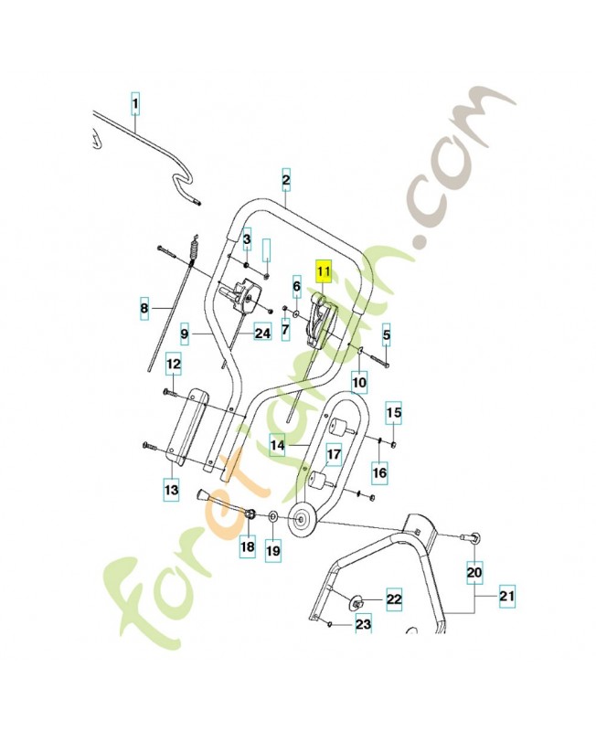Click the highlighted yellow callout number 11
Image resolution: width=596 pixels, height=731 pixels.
324,270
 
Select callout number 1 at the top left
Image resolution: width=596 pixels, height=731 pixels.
134,103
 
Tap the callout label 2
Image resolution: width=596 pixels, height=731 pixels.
286,180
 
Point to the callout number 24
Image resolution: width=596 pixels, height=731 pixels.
262,333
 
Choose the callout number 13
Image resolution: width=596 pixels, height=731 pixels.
172,490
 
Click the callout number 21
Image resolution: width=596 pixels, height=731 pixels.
507,596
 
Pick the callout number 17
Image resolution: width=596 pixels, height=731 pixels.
334,454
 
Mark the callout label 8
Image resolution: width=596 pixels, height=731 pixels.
144,308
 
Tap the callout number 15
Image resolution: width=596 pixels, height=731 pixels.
394,413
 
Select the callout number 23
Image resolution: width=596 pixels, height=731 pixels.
363,624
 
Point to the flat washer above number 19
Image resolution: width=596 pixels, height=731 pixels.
273,516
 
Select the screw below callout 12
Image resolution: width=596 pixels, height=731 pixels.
170,394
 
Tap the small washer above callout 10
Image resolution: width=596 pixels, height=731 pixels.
361,349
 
